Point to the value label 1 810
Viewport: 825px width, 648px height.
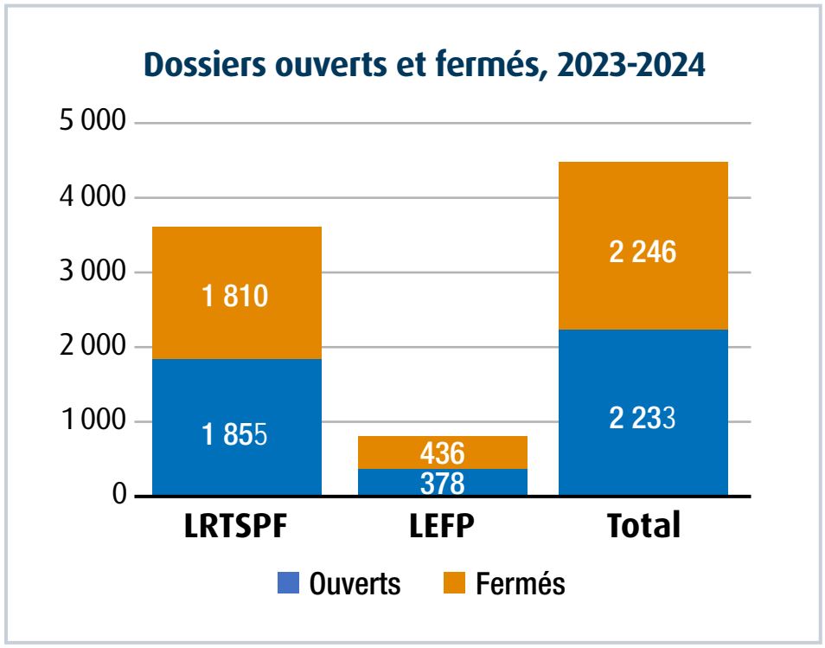235,297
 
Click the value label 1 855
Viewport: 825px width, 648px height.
235,432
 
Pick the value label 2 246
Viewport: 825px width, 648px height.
643,253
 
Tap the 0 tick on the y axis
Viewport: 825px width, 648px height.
120,497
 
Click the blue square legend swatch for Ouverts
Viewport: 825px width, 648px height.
288,583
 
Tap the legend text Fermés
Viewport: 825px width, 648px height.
521,584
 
